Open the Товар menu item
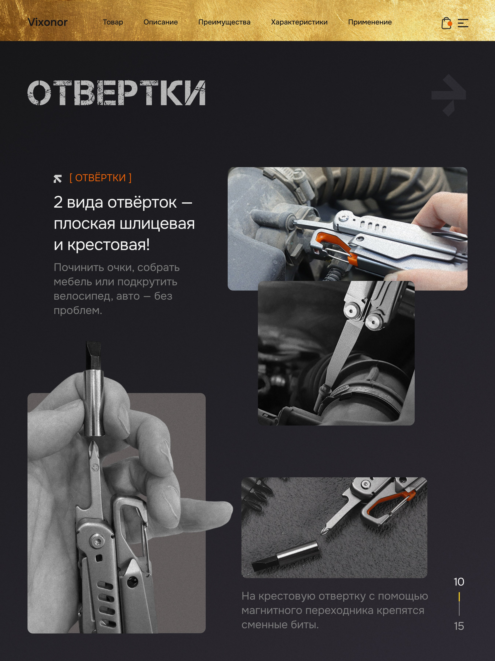tap(113, 22)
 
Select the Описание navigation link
tap(160, 22)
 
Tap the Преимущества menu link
tap(224, 22)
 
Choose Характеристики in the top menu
tap(299, 22)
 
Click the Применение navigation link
tap(370, 22)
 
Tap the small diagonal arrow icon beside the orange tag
tap(58, 179)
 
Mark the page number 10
tap(459, 582)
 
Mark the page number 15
tap(459, 626)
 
